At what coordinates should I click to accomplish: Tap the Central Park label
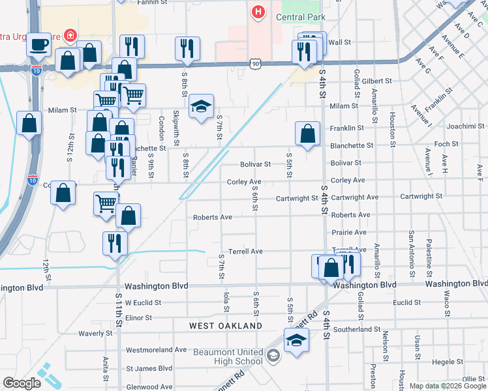tap(299, 17)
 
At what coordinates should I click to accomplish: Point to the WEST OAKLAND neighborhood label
tap(226, 326)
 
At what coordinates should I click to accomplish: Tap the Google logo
tap(22, 383)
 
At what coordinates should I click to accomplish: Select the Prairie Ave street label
tap(348, 232)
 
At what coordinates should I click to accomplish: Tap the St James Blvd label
tap(149, 368)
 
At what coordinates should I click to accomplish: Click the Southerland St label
tap(361, 329)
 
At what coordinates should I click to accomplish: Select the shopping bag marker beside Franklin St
tap(307, 134)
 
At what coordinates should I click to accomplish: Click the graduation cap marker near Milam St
tap(202, 107)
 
